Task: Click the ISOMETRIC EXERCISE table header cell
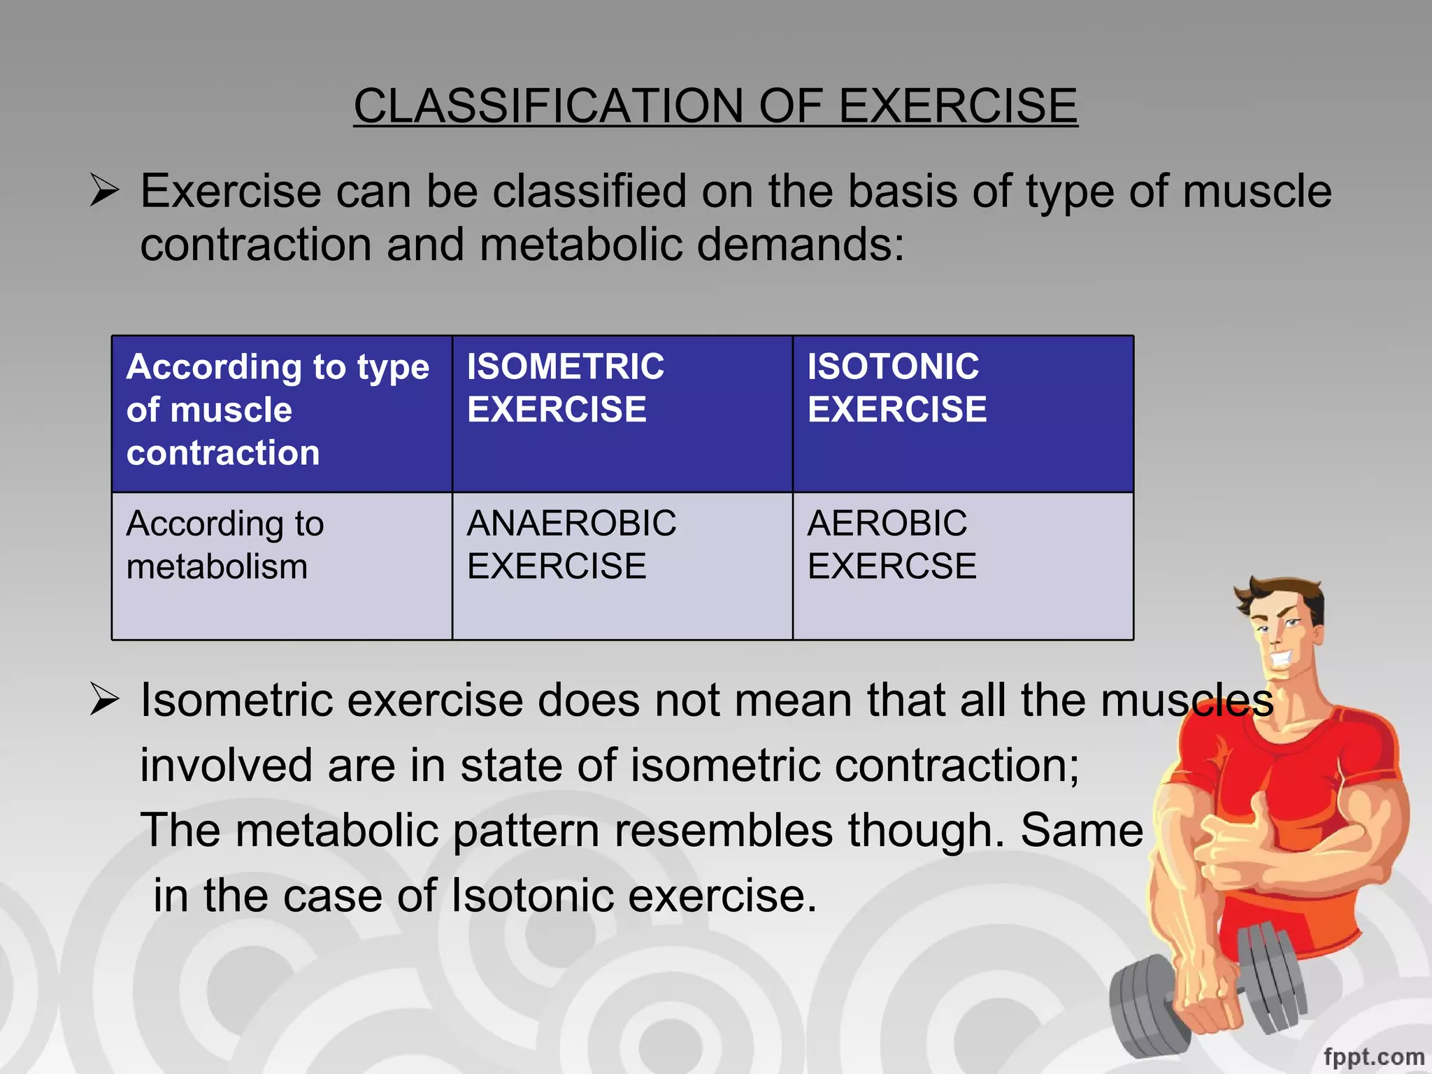point(622,414)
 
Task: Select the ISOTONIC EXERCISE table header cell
point(962,414)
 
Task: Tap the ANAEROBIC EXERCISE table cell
point(622,565)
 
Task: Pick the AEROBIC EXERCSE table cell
point(962,565)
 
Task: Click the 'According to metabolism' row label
point(281,565)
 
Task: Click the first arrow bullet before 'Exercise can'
point(105,191)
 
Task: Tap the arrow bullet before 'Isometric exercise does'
point(105,700)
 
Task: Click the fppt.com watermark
point(1373,1056)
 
